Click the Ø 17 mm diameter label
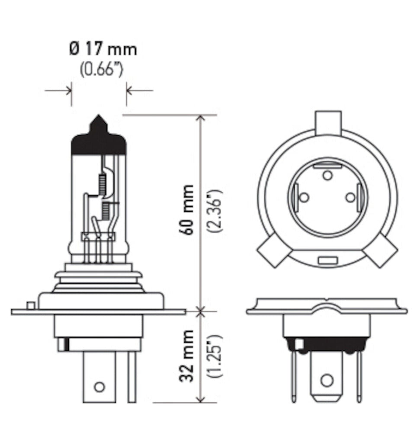click(x=103, y=49)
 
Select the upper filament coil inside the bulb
click(x=103, y=183)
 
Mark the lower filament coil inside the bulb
click(x=105, y=211)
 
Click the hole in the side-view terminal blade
click(x=99, y=386)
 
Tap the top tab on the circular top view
click(x=328, y=122)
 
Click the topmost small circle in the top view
click(x=327, y=175)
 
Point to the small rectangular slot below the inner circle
click(x=327, y=261)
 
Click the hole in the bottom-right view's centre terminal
click(x=327, y=381)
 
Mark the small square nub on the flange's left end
click(x=30, y=305)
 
